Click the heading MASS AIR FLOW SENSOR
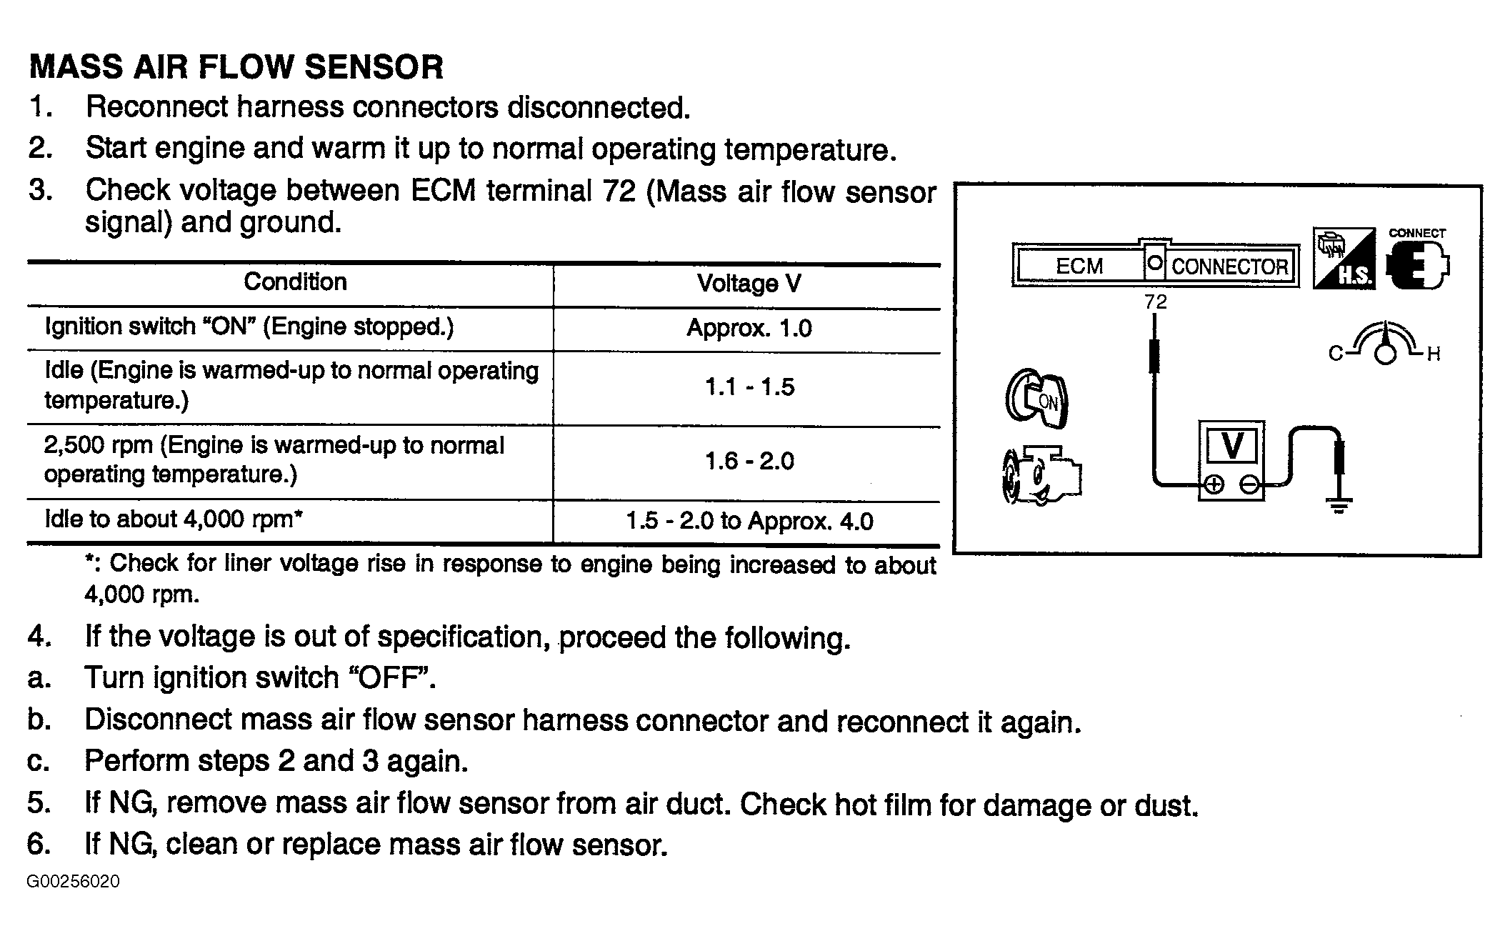click(236, 67)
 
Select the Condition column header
click(295, 282)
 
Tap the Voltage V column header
click(749, 284)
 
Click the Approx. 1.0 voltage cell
click(749, 328)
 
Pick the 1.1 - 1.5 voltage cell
click(749, 387)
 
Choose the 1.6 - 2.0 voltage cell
click(749, 462)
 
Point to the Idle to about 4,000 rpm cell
click(174, 519)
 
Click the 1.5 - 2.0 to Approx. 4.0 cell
click(749, 522)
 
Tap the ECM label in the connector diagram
click(1079, 267)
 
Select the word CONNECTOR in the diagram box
click(1229, 267)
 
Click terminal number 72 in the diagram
click(1155, 302)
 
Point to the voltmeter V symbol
click(1232, 445)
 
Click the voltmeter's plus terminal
click(1213, 485)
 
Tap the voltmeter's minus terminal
click(1249, 485)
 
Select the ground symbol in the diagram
click(1339, 507)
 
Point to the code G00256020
click(74, 882)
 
